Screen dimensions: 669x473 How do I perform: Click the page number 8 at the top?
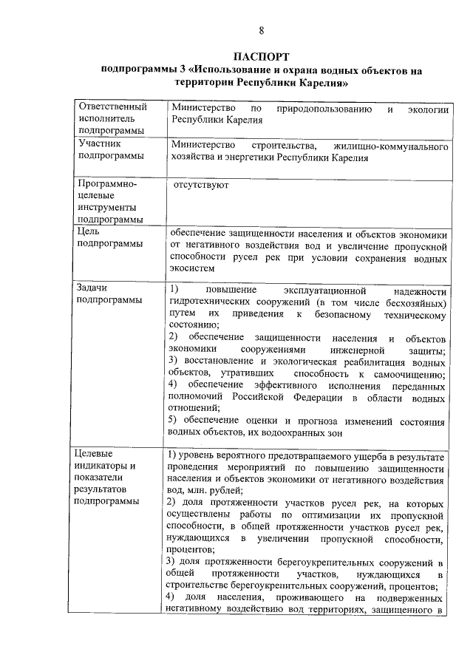click(x=261, y=30)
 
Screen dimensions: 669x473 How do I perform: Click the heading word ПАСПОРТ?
click(x=261, y=57)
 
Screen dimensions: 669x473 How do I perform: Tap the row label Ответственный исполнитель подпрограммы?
click(x=112, y=118)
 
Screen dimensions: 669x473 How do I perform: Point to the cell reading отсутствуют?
click(x=200, y=185)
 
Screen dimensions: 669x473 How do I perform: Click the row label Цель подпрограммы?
click(x=109, y=237)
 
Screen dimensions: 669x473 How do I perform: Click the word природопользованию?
click(x=323, y=109)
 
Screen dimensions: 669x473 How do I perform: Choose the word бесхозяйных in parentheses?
click(x=415, y=303)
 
